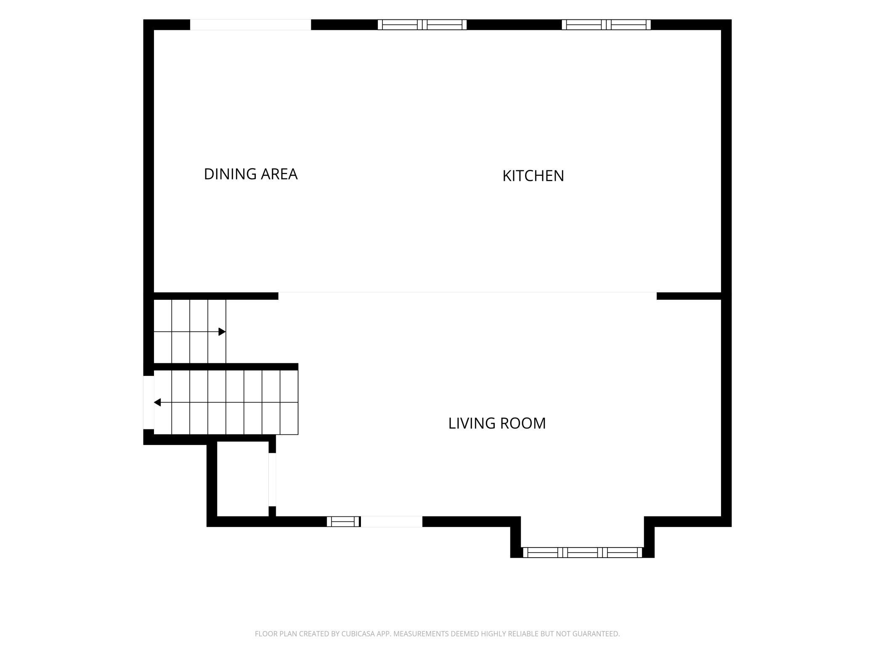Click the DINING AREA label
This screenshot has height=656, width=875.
click(x=251, y=174)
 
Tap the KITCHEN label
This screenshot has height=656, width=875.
click(x=533, y=176)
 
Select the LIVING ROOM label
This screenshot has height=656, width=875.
click(x=497, y=423)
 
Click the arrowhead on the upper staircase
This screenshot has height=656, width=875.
click(x=222, y=332)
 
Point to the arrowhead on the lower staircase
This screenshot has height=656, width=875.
click(x=157, y=402)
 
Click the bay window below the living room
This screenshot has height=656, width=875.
click(x=582, y=553)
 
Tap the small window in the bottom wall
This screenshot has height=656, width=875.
click(x=344, y=521)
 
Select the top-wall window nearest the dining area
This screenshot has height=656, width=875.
click(x=422, y=25)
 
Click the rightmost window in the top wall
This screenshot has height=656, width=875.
click(x=606, y=25)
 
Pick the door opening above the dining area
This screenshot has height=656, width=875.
click(x=251, y=25)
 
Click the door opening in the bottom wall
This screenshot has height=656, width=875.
click(x=392, y=521)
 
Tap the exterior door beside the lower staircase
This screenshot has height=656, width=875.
click(x=148, y=402)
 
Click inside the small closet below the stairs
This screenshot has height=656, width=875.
click(x=243, y=479)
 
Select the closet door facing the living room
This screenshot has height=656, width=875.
click(x=272, y=479)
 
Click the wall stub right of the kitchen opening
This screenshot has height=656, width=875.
click(x=689, y=296)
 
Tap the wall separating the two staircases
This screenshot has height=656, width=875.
click(x=226, y=367)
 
